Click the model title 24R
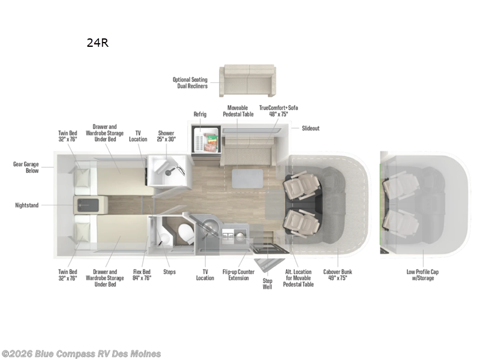[x=97, y=43]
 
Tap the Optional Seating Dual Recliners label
[x=190, y=83]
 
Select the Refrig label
[x=200, y=114]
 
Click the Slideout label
[x=310, y=128]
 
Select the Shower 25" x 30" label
[x=166, y=136]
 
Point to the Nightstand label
[x=26, y=205]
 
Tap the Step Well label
[x=268, y=284]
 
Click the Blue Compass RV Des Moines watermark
[x=81, y=353]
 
